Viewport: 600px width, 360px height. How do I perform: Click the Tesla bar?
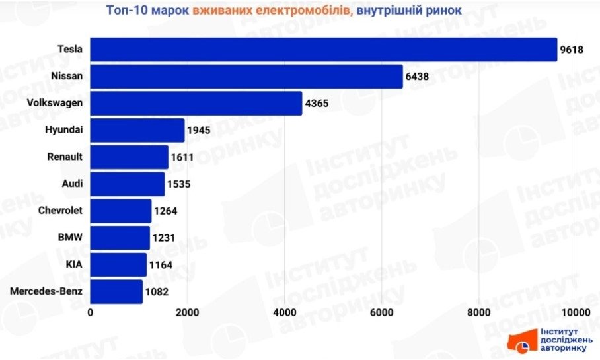[x=323, y=50]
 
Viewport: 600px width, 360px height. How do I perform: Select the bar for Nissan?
[x=246, y=77]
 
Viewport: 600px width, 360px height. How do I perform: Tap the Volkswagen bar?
[x=196, y=104]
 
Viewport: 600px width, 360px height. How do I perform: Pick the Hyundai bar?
[x=137, y=131]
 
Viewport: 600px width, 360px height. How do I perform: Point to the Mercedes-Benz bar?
[x=116, y=291]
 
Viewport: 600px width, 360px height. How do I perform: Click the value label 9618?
[x=572, y=50]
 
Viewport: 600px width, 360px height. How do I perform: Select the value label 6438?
[x=418, y=77]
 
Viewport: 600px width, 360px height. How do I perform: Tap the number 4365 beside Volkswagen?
[x=317, y=104]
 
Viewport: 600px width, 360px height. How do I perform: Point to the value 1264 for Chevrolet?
[x=166, y=211]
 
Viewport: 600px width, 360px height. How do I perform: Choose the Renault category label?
[x=65, y=157]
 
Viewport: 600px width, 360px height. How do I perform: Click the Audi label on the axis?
[x=72, y=184]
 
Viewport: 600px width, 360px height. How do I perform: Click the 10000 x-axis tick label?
[x=576, y=312]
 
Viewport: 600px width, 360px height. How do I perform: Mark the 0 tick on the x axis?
[x=91, y=312]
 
